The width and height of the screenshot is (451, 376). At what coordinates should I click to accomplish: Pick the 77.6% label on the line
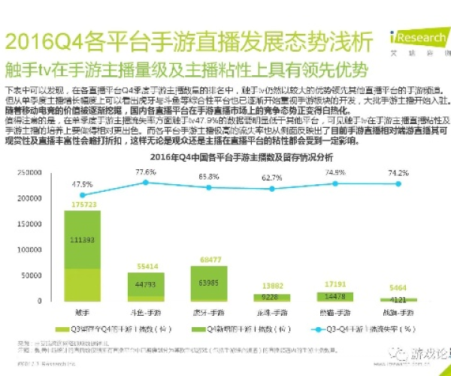[x=146, y=172]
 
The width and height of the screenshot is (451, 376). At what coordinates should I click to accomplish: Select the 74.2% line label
[x=398, y=173]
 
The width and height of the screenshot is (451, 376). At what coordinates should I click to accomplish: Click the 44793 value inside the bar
[x=146, y=284]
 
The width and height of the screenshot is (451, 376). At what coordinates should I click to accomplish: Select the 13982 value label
[x=272, y=287]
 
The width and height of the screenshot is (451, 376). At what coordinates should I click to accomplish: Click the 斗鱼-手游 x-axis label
[x=146, y=312]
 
